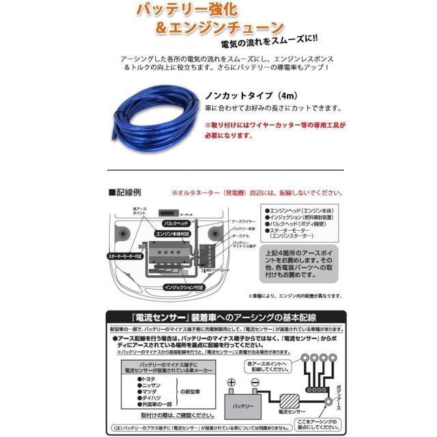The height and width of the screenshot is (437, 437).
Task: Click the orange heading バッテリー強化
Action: [x=197, y=10]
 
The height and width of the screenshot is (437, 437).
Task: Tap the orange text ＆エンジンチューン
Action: [x=218, y=29]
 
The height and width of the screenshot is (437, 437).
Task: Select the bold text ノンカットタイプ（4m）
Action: [x=245, y=94]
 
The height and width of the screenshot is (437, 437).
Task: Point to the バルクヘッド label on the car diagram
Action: [x=174, y=223]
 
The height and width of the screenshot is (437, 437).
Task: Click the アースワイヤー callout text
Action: [x=243, y=221]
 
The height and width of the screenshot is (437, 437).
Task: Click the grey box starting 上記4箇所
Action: [x=297, y=266]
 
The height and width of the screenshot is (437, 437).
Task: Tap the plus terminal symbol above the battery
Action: [x=231, y=383]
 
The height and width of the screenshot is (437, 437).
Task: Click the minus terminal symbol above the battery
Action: [x=255, y=383]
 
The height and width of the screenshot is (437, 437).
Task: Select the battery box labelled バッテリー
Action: [x=243, y=404]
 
